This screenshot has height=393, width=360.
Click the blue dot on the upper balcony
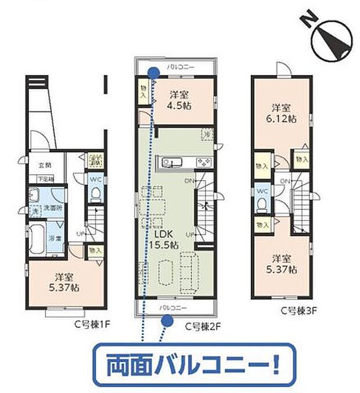[x=154, y=72]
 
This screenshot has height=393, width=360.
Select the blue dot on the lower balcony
[x=167, y=318]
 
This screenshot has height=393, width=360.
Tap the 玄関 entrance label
[x=44, y=165]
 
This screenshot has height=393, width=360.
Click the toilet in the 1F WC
[x=94, y=194]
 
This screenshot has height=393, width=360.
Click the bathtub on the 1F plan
[x=39, y=240]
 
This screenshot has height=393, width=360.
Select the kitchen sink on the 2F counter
[x=172, y=162]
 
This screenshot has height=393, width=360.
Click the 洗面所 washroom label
[x=46, y=208]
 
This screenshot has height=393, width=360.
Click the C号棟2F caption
[x=204, y=326]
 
